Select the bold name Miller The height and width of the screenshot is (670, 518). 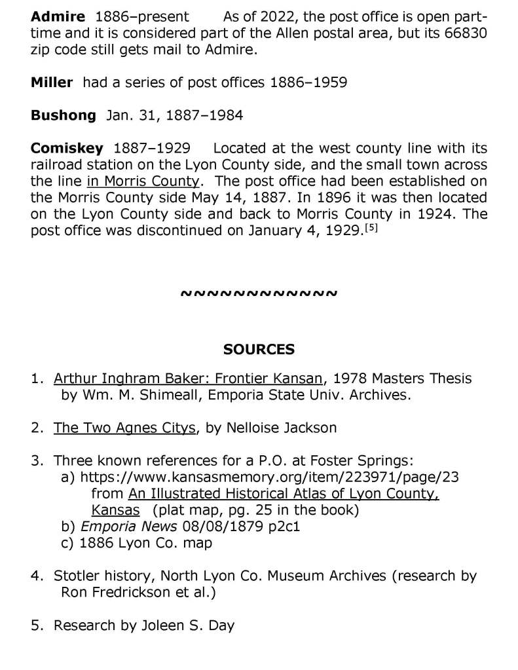pyautogui.click(x=52, y=83)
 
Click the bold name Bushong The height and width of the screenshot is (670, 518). pyautogui.click(x=63, y=116)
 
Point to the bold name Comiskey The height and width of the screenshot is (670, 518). pyautogui.click(x=67, y=149)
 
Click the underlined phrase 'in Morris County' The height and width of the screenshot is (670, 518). pyautogui.click(x=143, y=181)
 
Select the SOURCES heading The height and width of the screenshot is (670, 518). pyautogui.click(x=259, y=349)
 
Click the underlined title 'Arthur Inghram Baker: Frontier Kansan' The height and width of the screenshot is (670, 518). pyautogui.click(x=189, y=379)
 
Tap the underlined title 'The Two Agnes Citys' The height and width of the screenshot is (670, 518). pyautogui.click(x=125, y=428)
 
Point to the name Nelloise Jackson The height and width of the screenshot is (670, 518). pyautogui.click(x=282, y=428)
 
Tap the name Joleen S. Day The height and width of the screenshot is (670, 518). pyautogui.click(x=187, y=625)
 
